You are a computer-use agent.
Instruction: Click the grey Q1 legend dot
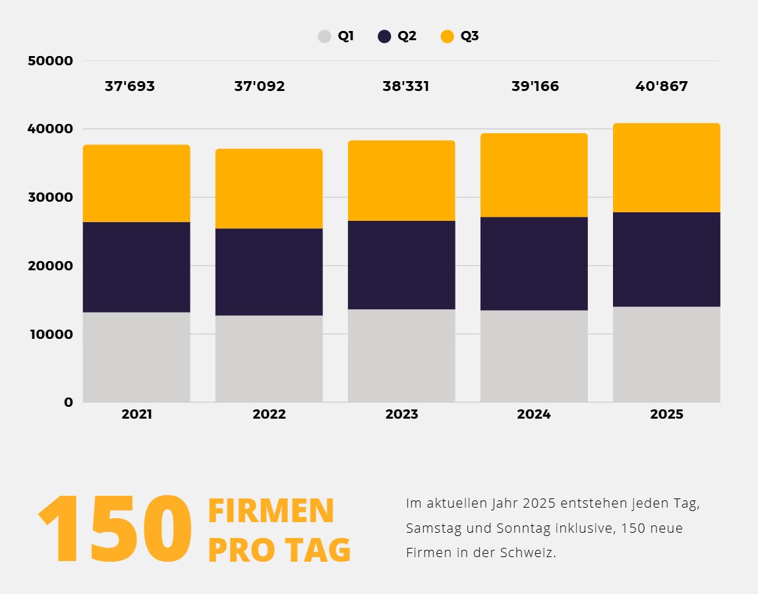tap(324, 36)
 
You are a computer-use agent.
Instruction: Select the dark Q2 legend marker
tap(384, 36)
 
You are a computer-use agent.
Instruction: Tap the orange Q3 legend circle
tap(448, 36)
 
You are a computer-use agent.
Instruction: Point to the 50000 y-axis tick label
tap(50, 61)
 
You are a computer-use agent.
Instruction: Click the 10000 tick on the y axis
tap(50, 334)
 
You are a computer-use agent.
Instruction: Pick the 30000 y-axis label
tap(50, 198)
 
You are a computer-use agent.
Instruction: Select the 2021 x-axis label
tap(136, 415)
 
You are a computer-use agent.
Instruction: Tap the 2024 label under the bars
tap(534, 415)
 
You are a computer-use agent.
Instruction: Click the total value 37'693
tap(130, 86)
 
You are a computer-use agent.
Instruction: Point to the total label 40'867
tap(662, 86)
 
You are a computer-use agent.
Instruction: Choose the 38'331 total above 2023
tap(406, 86)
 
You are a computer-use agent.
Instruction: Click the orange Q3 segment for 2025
tap(666, 167)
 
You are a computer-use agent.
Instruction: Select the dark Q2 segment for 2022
tap(269, 272)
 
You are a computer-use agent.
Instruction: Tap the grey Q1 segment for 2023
tap(401, 355)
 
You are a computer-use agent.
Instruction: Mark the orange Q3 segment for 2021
tap(136, 183)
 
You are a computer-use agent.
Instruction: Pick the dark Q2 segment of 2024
tap(534, 263)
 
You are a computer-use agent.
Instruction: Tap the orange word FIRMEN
tap(271, 511)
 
